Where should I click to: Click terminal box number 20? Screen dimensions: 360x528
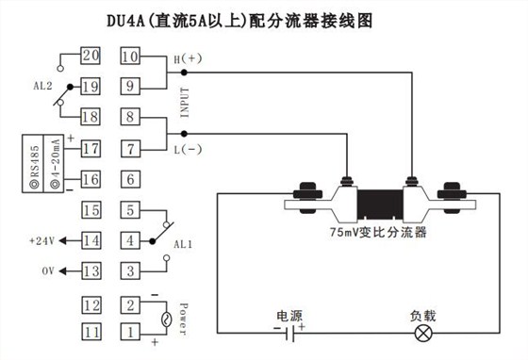pos(91,57)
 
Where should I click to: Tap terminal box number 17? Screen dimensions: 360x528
pos(91,148)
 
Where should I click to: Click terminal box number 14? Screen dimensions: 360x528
pos(91,240)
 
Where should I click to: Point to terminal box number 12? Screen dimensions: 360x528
pos(91,304)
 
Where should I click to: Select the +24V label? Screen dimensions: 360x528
pos(43,240)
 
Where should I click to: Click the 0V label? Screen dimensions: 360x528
pos(49,271)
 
